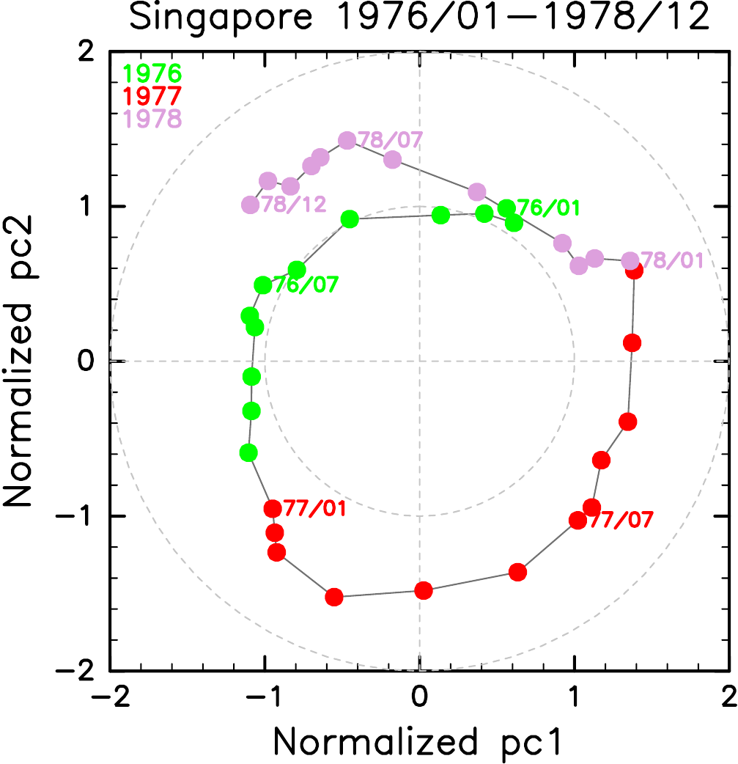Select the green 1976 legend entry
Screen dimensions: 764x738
click(x=152, y=73)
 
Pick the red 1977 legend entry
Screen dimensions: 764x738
click(x=152, y=95)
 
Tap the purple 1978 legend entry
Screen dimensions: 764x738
click(x=152, y=117)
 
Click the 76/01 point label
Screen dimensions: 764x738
click(x=547, y=207)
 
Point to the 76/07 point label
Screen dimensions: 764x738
click(x=305, y=284)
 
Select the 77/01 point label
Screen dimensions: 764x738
click(x=315, y=507)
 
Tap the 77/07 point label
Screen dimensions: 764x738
click(x=620, y=520)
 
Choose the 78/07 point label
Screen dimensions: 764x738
click(x=390, y=139)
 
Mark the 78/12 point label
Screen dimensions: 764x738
click(x=293, y=205)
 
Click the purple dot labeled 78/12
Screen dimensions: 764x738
click(x=251, y=205)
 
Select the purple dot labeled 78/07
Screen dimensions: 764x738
click(x=347, y=141)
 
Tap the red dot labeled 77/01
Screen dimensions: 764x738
click(x=273, y=508)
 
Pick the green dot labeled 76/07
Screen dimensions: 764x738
click(x=263, y=285)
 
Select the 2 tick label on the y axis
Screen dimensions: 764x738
click(x=89, y=53)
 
